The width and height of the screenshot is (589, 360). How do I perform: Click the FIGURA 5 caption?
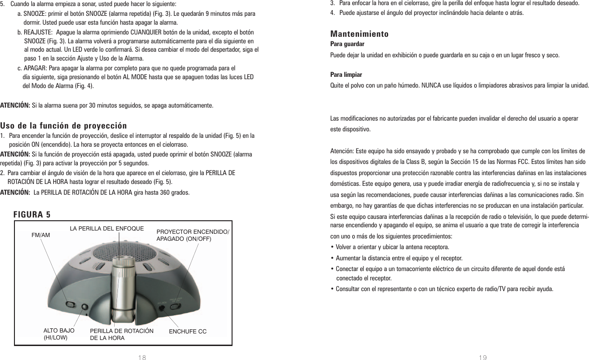(x=32, y=215)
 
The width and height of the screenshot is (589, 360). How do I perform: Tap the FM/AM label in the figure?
(x=41, y=235)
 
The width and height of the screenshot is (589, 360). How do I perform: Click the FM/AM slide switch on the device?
(x=70, y=304)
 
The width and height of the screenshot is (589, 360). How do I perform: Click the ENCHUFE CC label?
(x=187, y=332)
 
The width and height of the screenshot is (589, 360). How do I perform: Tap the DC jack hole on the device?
(x=162, y=307)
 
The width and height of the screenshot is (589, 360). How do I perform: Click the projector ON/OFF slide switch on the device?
(x=175, y=306)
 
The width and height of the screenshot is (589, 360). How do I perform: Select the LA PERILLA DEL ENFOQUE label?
(x=107, y=229)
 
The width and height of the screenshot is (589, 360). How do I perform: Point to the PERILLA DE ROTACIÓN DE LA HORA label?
(x=121, y=334)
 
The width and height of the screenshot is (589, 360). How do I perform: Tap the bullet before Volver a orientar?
(x=331, y=247)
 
